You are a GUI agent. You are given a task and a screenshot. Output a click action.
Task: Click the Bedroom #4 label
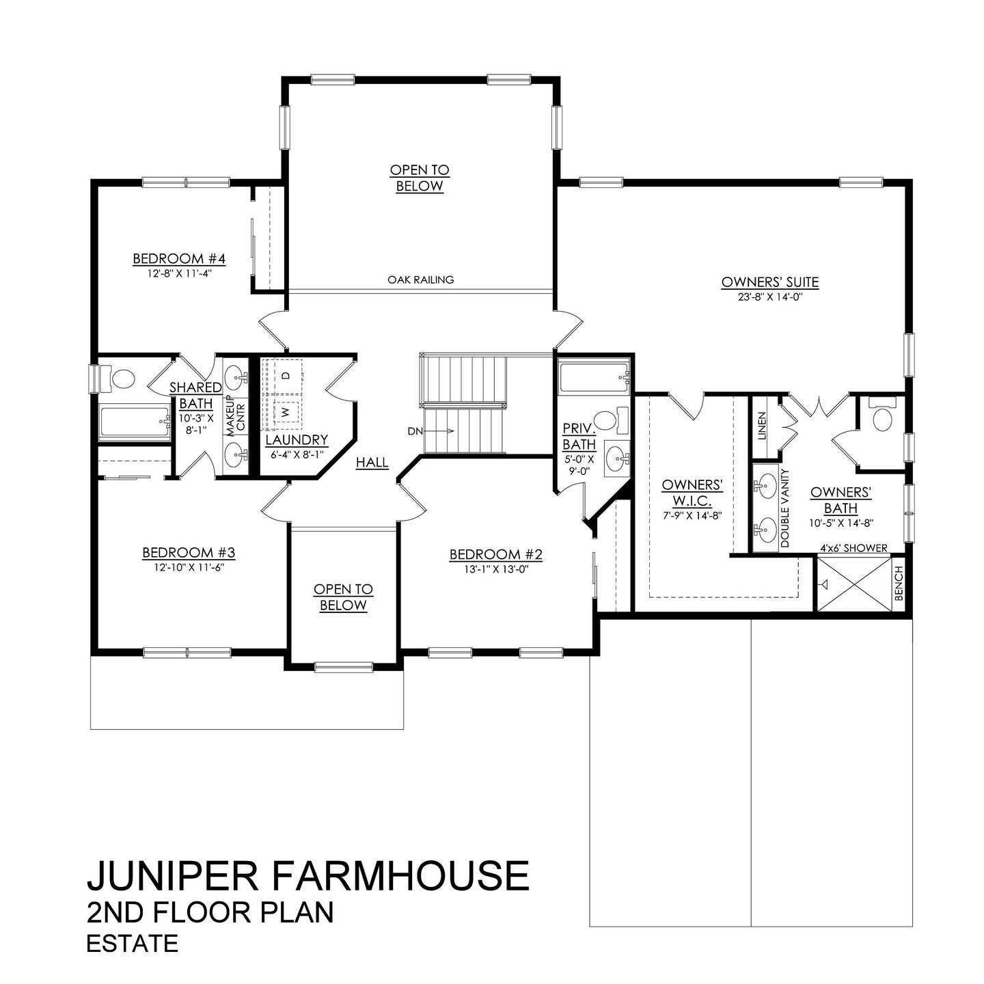pos(179,259)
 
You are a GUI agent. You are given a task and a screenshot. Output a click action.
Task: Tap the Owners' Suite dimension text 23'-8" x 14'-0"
pos(769,297)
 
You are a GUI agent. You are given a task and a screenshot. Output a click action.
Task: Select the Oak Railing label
pos(420,279)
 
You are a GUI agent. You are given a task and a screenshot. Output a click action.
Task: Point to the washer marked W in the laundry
pos(286,412)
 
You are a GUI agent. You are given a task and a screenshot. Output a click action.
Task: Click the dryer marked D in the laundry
pos(286,375)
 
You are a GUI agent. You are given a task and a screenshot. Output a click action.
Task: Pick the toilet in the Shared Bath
pos(121,378)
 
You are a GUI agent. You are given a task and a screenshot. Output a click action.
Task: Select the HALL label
pos(372,463)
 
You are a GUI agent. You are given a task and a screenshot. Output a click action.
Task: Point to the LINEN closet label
pos(763,425)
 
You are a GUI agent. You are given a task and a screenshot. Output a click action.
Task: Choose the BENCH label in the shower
pos(899,584)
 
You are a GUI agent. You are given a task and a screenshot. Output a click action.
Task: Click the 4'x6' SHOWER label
pos(854,548)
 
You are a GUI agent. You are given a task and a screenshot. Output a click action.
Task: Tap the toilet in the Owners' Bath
pos(881,416)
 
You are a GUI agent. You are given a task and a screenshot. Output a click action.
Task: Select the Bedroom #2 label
pos(495,554)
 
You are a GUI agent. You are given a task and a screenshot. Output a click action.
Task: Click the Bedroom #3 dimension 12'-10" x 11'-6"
pos(189,567)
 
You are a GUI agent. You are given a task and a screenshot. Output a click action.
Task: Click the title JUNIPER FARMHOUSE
pos(307,875)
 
